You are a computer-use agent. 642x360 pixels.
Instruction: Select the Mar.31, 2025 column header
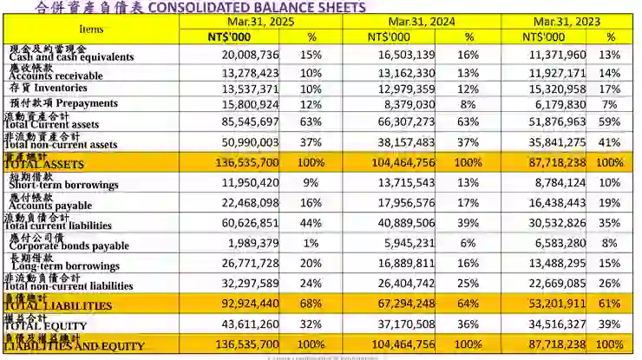click(x=261, y=22)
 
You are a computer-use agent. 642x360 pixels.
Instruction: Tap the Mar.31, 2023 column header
click(x=568, y=22)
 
